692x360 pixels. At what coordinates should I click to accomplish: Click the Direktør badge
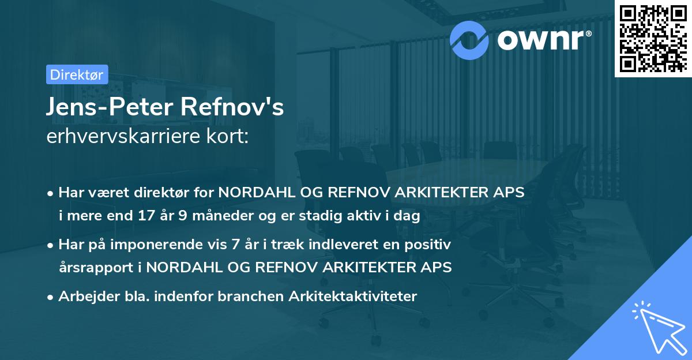76,74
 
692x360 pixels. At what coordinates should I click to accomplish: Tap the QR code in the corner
652,38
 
